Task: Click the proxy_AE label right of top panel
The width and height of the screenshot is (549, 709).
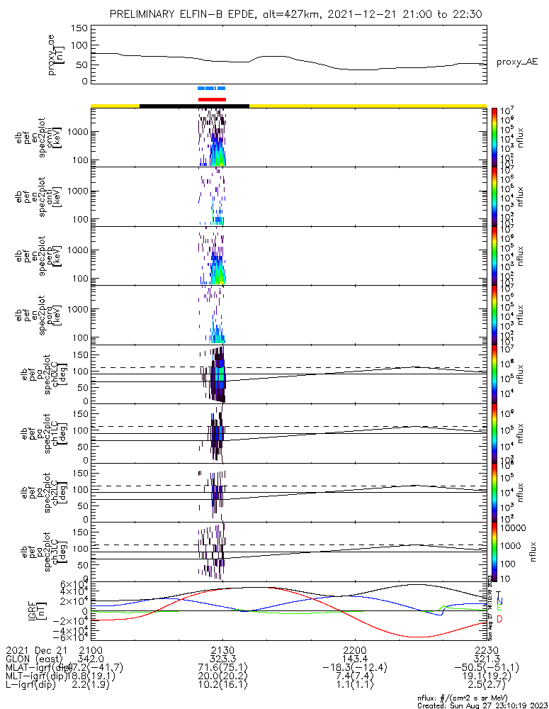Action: click(516, 62)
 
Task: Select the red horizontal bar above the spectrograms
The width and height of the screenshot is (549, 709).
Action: click(212, 99)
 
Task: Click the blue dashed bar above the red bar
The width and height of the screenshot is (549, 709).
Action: click(211, 89)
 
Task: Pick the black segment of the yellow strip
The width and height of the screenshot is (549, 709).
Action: click(194, 106)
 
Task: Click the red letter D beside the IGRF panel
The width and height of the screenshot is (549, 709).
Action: click(499, 620)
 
